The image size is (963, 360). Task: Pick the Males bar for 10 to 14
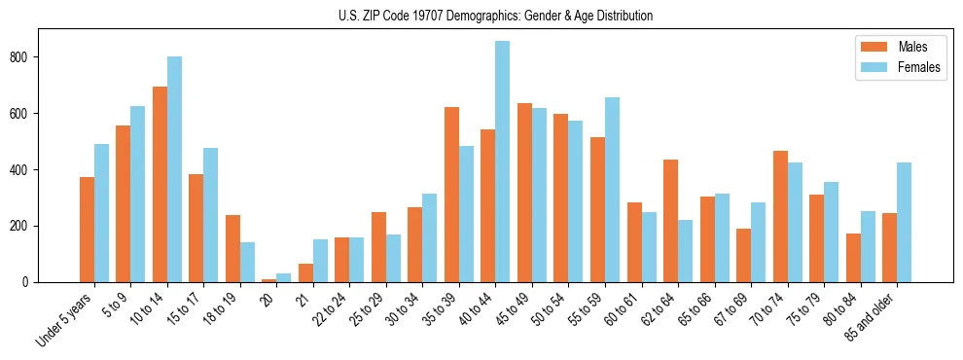(x=160, y=185)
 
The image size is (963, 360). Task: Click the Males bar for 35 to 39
(x=452, y=195)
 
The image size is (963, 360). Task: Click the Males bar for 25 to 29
(x=378, y=247)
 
